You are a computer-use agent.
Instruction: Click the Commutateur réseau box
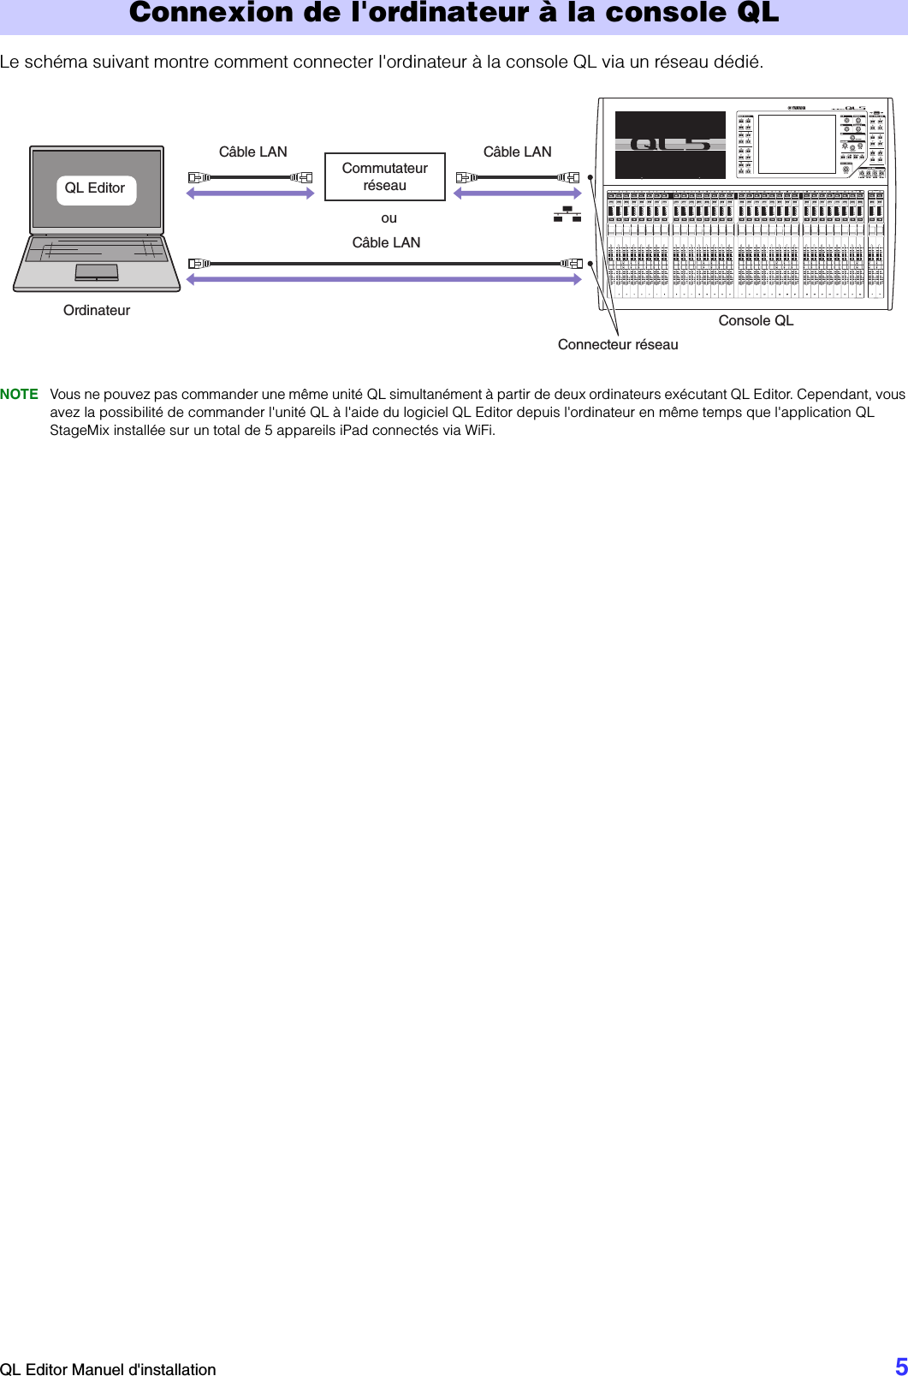385,177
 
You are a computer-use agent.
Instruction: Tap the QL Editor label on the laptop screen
95,188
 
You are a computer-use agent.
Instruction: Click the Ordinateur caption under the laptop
97,311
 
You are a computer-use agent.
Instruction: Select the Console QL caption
756,321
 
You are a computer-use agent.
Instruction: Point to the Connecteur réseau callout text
618,345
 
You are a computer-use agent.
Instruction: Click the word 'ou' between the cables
389,218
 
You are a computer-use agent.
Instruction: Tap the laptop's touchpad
97,272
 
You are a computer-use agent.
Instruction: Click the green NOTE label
20,395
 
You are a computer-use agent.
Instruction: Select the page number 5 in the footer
900,1366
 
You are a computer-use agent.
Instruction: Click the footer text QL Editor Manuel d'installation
108,1369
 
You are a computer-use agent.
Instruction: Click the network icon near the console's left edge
567,214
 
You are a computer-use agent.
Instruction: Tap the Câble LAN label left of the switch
253,152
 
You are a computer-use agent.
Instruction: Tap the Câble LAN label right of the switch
518,152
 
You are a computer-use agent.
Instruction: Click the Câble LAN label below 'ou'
387,243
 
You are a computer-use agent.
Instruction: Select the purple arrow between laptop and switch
251,194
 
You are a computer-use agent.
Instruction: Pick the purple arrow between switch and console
518,194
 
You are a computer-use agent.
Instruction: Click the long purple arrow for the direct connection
384,279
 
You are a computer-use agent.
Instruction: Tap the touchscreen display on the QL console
797,144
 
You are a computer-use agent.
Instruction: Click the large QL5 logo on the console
671,144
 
